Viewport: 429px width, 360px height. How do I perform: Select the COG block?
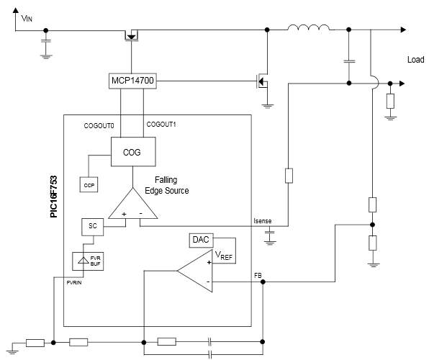(132, 153)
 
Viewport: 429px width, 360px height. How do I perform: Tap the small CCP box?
(89, 185)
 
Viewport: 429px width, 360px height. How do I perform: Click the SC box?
(92, 226)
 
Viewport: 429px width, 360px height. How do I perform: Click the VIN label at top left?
(25, 17)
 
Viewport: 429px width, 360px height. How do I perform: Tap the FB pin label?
(258, 276)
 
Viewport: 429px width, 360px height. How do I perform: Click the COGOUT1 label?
(161, 125)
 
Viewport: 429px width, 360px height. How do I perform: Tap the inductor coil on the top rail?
(310, 29)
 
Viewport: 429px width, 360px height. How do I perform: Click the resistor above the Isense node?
(289, 175)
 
